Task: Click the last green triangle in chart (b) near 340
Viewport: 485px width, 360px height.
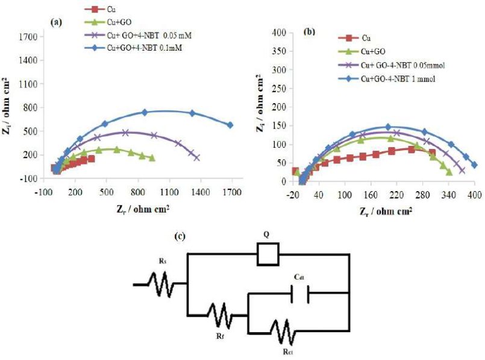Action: pos(449,172)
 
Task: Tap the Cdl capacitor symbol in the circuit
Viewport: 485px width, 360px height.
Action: pos(299,294)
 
